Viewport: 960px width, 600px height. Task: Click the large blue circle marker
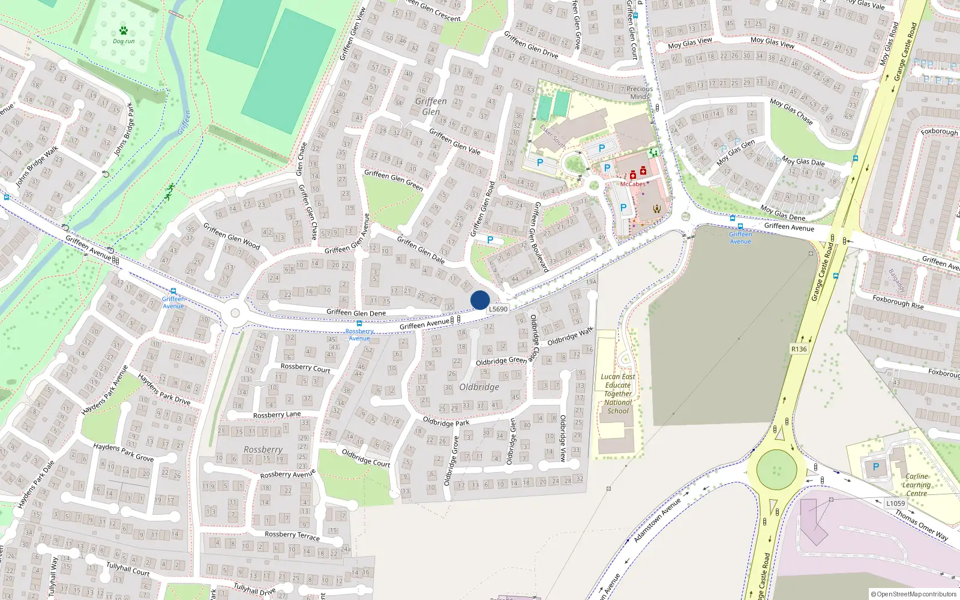tap(480, 300)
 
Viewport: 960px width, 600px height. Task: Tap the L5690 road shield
tap(498, 309)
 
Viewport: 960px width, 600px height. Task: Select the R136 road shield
tap(799, 349)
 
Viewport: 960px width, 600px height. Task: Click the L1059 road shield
tap(895, 503)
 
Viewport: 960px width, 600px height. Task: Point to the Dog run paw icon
tap(124, 31)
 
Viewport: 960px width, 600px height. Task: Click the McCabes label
tap(632, 184)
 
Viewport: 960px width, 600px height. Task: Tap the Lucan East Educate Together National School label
tap(618, 394)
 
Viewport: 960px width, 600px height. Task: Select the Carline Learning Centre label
tap(916, 485)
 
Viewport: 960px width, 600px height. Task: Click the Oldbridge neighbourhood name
tap(479, 387)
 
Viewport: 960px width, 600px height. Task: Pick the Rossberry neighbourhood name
tap(263, 449)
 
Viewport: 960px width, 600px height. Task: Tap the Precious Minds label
tap(640, 92)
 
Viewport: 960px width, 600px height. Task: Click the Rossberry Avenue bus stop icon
tap(359, 323)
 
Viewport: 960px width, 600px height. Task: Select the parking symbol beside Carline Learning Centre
tap(876, 467)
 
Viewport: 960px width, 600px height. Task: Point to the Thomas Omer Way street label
tap(921, 525)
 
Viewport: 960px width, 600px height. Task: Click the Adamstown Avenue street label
tap(658, 520)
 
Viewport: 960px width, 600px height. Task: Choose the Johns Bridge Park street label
tap(124, 129)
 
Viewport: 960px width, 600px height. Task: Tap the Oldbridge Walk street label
tap(570, 337)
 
